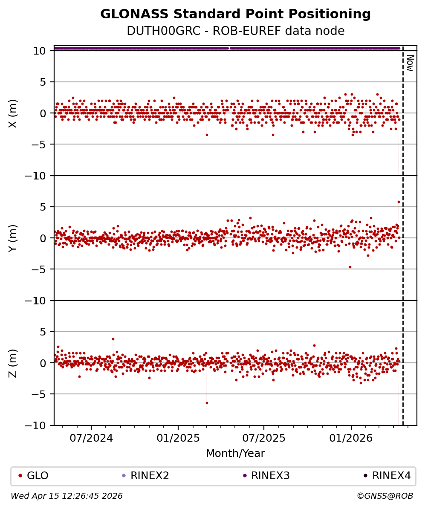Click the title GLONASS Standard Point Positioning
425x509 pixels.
click(235, 14)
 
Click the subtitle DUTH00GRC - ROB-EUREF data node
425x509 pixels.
click(235, 31)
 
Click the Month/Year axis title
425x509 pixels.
click(235, 454)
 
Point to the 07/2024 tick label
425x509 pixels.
click(91, 438)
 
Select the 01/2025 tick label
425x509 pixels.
click(178, 438)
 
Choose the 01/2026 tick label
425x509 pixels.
click(351, 438)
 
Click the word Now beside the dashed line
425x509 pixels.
click(410, 63)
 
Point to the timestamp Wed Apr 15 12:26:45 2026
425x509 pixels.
click(66, 496)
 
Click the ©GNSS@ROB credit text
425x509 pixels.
click(385, 496)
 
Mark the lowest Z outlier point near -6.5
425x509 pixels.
click(207, 403)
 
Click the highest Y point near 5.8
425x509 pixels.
click(399, 202)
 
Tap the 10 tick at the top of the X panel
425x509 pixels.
click(40, 51)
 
